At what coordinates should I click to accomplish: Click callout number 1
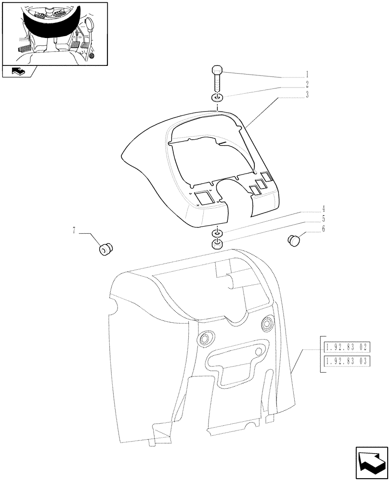tap(306, 76)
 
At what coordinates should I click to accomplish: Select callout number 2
tap(306, 84)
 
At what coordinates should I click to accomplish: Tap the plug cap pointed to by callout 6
tap(294, 239)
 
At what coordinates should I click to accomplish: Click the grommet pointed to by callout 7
tap(105, 250)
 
